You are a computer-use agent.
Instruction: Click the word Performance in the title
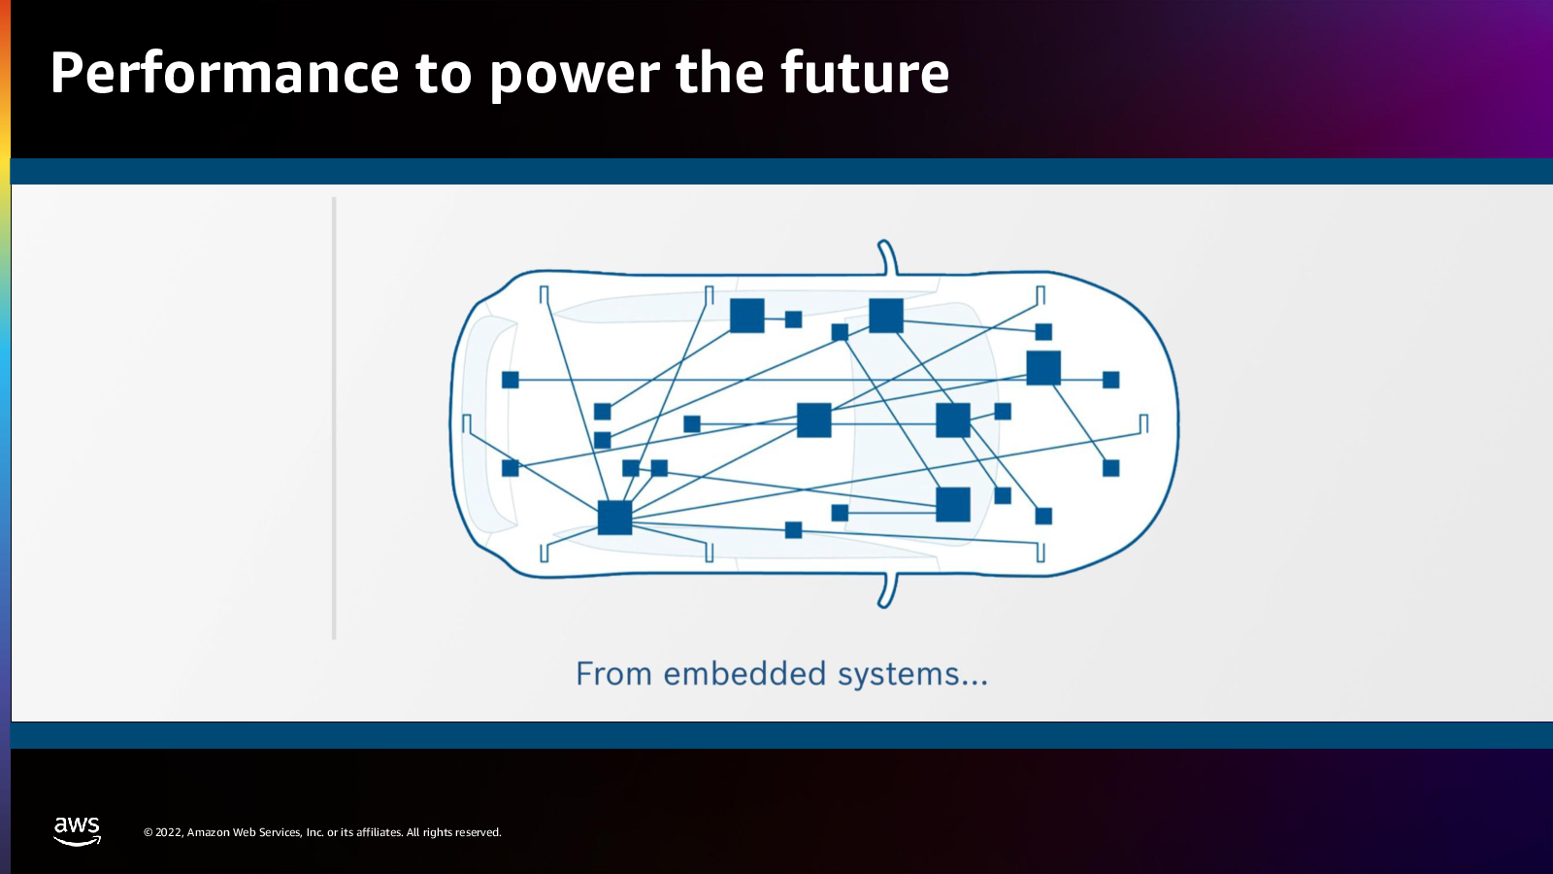coord(224,73)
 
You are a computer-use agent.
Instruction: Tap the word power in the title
coord(575,77)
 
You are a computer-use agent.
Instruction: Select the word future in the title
coord(865,73)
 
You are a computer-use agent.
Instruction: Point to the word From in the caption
coord(613,674)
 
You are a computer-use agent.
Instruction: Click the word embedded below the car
coord(744,673)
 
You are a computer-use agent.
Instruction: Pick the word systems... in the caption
coord(912,675)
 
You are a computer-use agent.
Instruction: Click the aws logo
coord(77,831)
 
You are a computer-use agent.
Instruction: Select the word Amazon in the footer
coord(209,832)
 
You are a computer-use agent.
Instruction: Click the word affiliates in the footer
coord(378,832)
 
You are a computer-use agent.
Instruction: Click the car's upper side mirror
coord(887,257)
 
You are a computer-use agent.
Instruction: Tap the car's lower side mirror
coord(887,591)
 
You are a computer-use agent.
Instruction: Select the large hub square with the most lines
coord(615,518)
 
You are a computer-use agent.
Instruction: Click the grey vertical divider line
coord(334,419)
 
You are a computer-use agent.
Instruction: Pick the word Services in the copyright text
coord(281,832)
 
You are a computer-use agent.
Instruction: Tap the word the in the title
coord(719,73)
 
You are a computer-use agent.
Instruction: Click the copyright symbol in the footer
coord(148,832)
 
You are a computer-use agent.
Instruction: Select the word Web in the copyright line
coord(244,832)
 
